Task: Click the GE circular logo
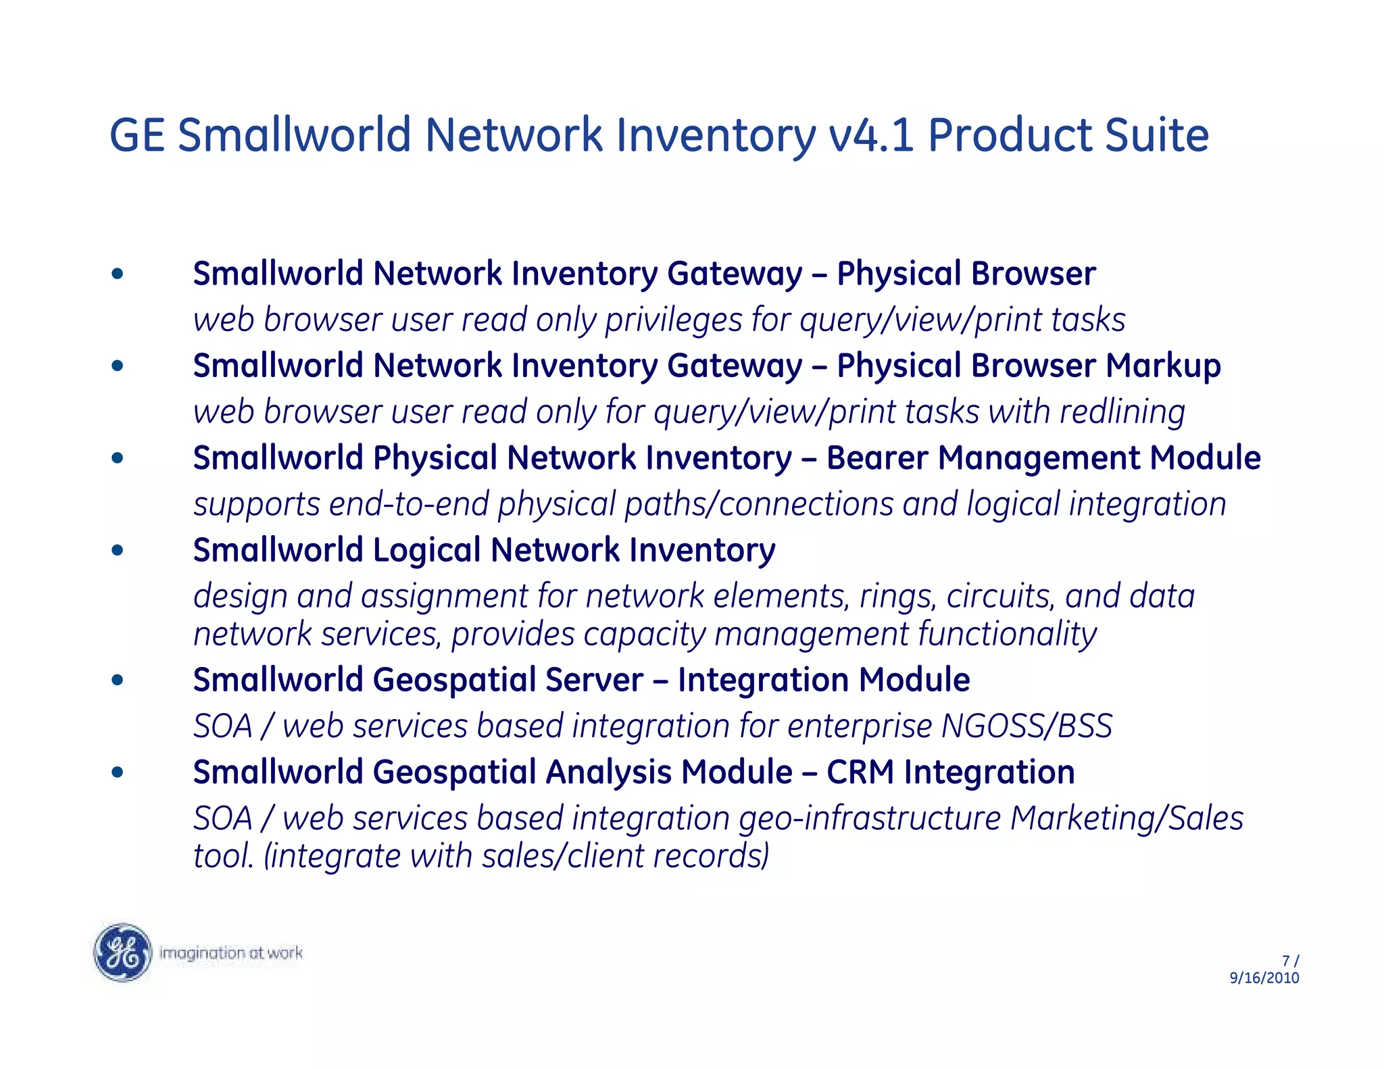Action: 122,952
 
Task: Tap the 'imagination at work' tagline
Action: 230,953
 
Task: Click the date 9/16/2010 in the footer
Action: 1264,978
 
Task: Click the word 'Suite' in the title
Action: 1156,135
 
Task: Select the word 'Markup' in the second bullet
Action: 1163,366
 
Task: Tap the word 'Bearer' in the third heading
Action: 877,457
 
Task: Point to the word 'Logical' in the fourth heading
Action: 427,550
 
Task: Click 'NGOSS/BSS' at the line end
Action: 1027,726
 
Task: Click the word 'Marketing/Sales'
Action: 1127,818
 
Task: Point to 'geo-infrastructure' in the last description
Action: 870,818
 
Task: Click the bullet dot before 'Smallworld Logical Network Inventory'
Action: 118,550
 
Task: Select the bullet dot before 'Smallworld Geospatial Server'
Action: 118,680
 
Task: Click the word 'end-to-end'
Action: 409,504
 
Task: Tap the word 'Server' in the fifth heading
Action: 594,680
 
